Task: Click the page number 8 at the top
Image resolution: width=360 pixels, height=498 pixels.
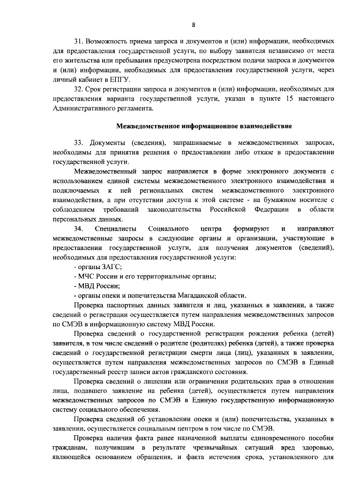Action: pyautogui.click(x=193, y=25)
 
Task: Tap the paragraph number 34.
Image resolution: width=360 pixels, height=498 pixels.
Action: pyautogui.click(x=79, y=229)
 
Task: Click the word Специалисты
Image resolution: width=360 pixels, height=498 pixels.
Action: pyautogui.click(x=115, y=229)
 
